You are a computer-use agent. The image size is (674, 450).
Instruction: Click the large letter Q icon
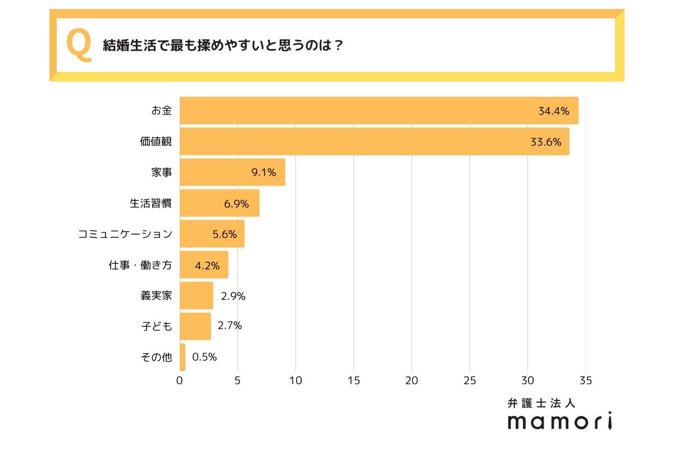point(79,45)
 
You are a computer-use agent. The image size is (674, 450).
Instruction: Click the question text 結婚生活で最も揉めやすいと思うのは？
point(223,46)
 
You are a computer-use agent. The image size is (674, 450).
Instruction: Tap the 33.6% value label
point(546,142)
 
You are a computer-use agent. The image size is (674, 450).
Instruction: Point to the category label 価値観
point(156,142)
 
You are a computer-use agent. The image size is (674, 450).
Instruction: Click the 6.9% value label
point(236,204)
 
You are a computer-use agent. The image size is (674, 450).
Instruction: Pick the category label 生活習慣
point(151,204)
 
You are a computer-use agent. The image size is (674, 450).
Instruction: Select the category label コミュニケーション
point(125,234)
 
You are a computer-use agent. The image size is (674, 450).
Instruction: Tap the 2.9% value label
point(233,296)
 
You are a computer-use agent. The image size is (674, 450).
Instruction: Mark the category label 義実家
point(156,296)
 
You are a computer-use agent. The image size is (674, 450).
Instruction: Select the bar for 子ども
point(195,326)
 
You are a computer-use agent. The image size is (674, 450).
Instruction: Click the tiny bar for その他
point(183,357)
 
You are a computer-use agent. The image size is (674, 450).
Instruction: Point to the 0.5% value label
point(204,357)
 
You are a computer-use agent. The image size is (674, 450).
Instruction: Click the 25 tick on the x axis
point(470,381)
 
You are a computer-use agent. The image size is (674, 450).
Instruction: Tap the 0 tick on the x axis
point(180,381)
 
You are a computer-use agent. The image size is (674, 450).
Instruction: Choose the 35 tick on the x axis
point(586,381)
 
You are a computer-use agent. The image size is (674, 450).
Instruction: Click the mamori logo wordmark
point(559,421)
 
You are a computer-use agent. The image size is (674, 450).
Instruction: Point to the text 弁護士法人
point(541,403)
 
